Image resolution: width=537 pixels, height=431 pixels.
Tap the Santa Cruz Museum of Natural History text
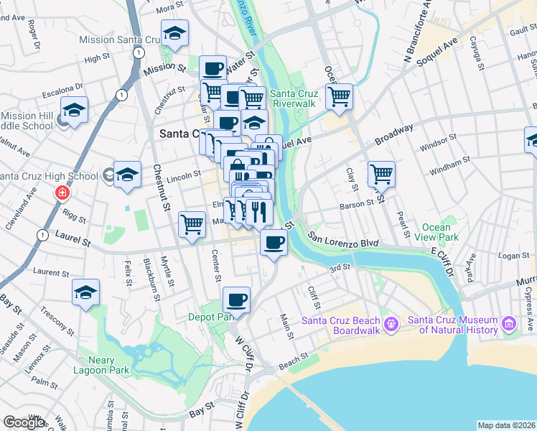(452, 325)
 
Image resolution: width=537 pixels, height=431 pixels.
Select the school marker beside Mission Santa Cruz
(174, 33)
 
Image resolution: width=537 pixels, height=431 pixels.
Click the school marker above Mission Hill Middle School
(74, 110)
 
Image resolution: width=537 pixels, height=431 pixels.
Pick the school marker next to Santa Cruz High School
(127, 175)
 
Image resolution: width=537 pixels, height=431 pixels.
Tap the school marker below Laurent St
(85, 292)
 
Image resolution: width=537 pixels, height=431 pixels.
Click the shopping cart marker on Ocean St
(339, 96)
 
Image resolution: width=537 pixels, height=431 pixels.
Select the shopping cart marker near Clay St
(381, 173)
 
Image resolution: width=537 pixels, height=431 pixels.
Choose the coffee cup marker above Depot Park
(236, 299)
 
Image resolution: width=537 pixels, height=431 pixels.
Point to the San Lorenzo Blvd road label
(343, 239)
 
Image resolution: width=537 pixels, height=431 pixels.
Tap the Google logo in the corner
(24, 422)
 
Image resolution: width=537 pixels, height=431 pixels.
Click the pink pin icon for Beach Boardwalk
(391, 324)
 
